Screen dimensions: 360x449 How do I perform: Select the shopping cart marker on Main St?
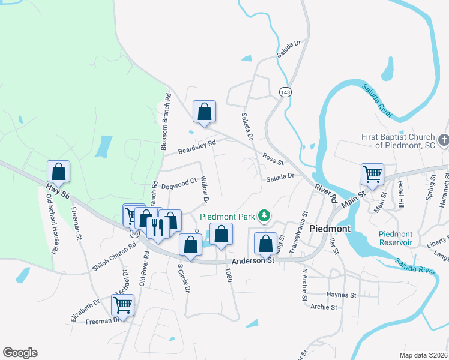click(x=372, y=175)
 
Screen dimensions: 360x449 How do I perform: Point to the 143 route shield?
click(x=285, y=91)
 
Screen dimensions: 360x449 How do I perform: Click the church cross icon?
click(x=444, y=141)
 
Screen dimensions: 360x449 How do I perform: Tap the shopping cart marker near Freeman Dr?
click(x=123, y=305)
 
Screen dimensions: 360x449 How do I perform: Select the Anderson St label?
click(x=252, y=260)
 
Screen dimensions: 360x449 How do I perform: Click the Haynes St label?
click(x=341, y=295)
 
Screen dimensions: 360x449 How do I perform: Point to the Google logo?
click(x=20, y=353)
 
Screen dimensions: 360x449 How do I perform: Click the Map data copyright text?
click(x=424, y=355)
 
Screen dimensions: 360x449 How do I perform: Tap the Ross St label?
click(x=273, y=158)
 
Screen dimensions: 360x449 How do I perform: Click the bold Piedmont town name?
click(x=330, y=229)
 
